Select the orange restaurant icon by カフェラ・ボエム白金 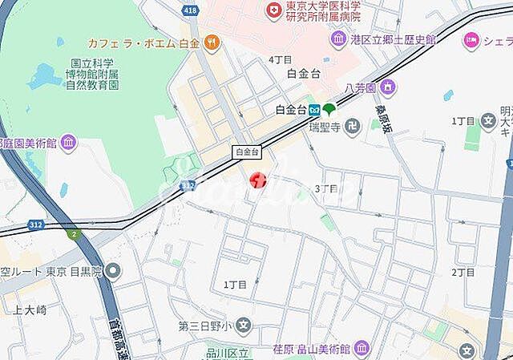[212, 41]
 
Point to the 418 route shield [189, 10]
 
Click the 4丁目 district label [280, 59]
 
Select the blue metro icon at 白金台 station [315, 110]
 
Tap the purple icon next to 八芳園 [388, 86]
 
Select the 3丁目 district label [326, 188]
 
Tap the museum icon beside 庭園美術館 [69, 144]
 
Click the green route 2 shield [75, 234]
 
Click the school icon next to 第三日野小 [244, 326]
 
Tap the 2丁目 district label [463, 273]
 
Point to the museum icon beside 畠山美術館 [362, 348]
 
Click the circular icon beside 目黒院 [114, 272]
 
